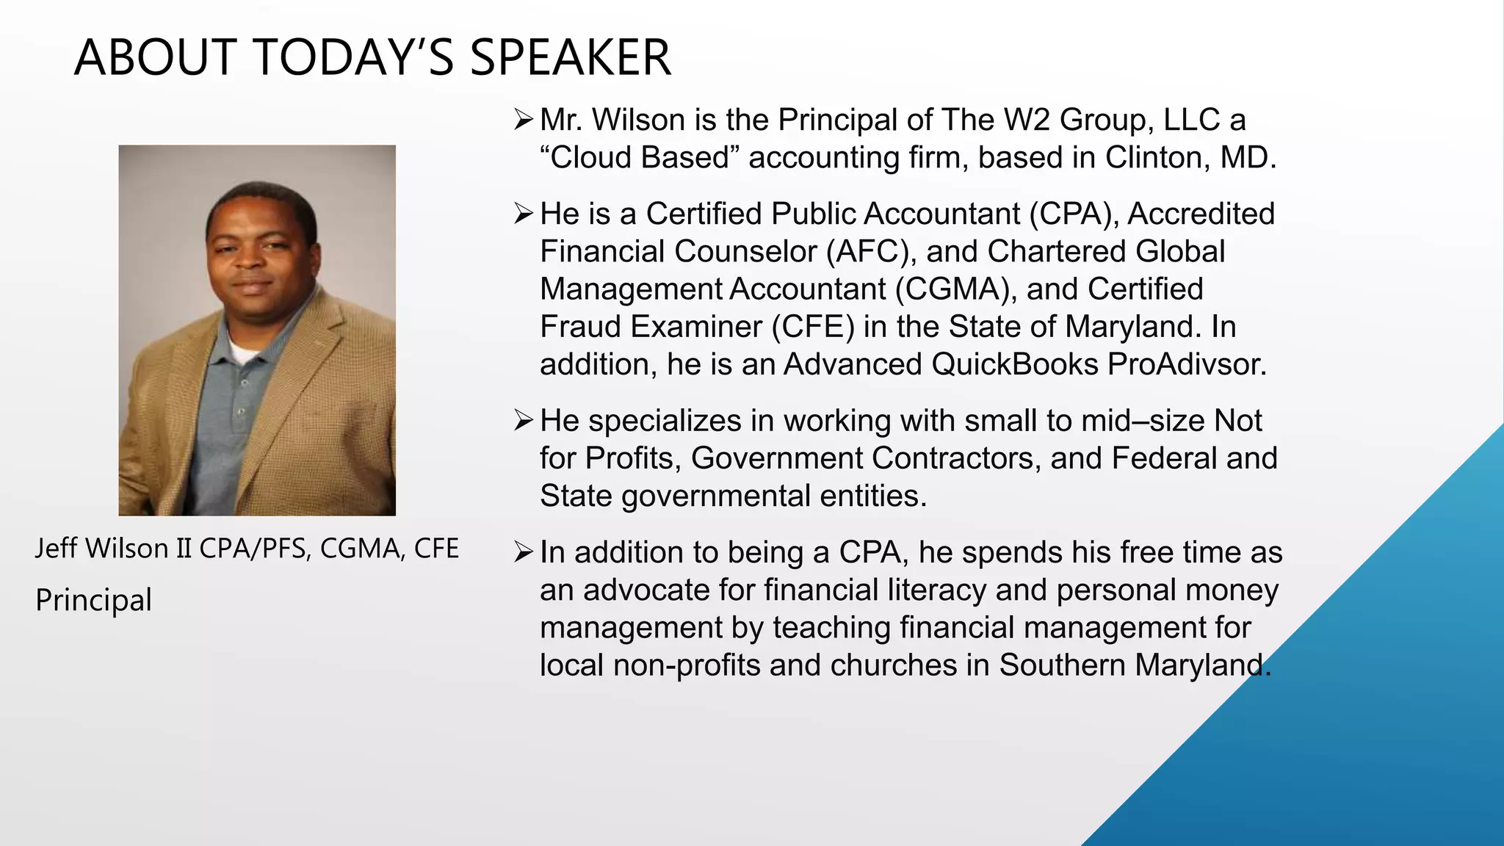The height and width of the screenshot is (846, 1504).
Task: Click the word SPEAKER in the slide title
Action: click(570, 58)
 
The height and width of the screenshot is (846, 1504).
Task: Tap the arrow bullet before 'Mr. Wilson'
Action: click(523, 120)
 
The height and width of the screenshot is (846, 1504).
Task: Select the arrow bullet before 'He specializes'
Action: click(523, 421)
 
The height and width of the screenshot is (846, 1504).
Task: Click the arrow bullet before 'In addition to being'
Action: click(523, 552)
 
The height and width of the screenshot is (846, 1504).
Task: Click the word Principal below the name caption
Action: click(93, 601)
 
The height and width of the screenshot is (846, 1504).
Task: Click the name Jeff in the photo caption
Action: click(56, 549)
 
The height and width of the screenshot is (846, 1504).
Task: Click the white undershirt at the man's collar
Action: click(242, 353)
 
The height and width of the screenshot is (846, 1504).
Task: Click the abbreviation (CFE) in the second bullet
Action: click(813, 327)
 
